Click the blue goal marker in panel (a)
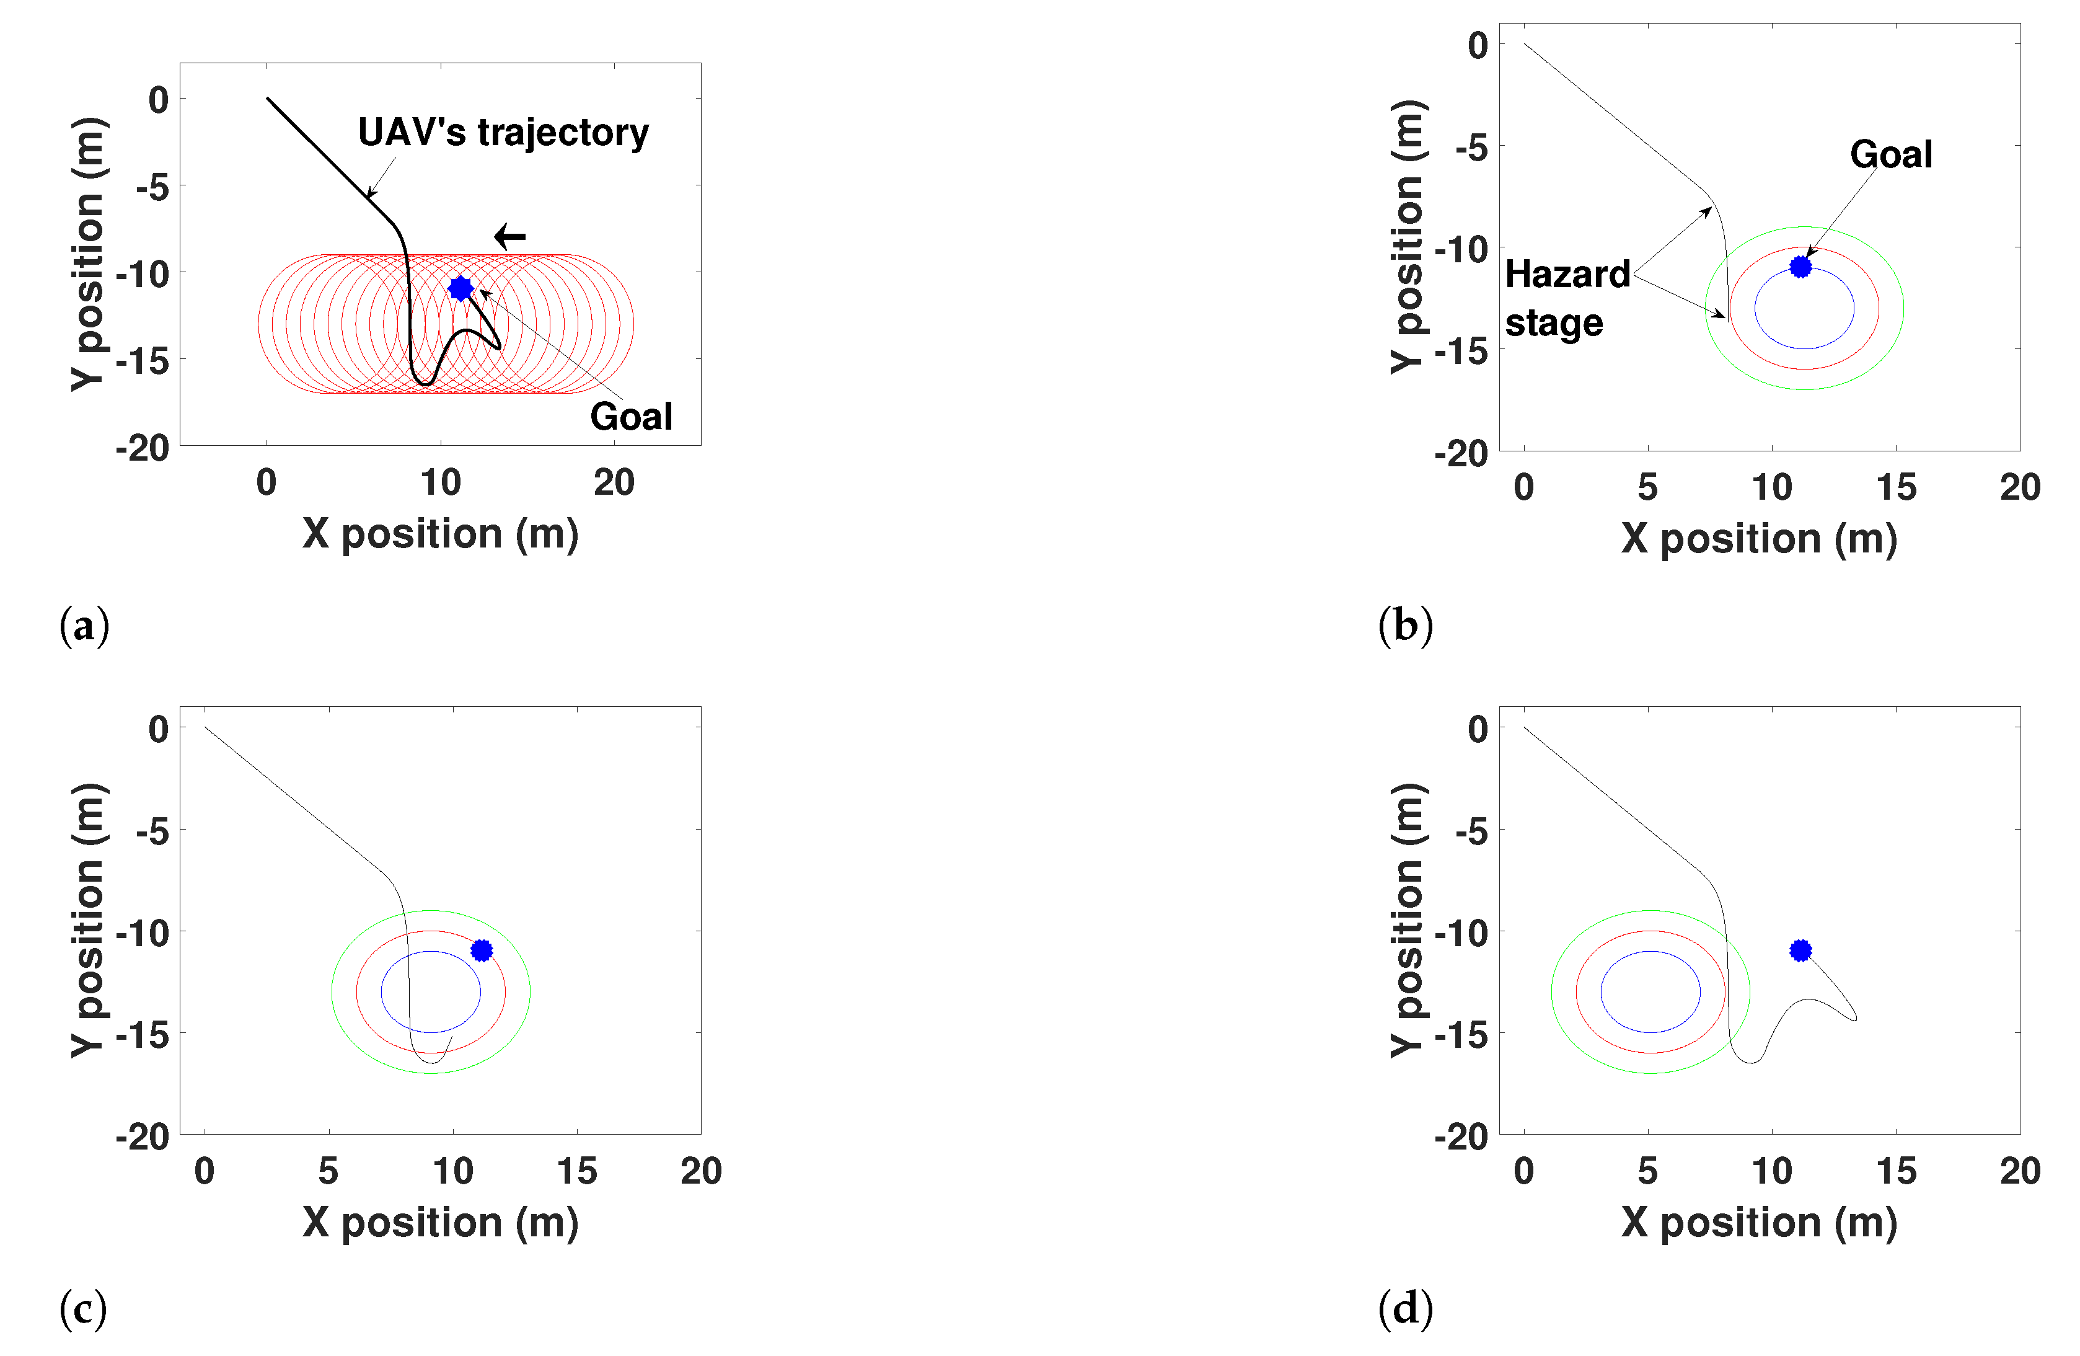point(461,288)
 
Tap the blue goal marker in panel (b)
point(1800,267)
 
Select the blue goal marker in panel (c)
point(482,951)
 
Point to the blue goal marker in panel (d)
point(1800,951)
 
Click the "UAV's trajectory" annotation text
point(503,133)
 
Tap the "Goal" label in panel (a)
point(631,417)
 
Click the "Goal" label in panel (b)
point(1891,155)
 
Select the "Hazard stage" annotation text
point(1566,298)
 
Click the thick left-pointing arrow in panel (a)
point(509,236)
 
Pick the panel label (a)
point(84,626)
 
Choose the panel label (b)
point(1405,626)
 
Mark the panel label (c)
point(83,1309)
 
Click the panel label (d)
point(1405,1309)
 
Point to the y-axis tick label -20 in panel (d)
point(1460,1137)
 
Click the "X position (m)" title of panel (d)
point(1759,1222)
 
